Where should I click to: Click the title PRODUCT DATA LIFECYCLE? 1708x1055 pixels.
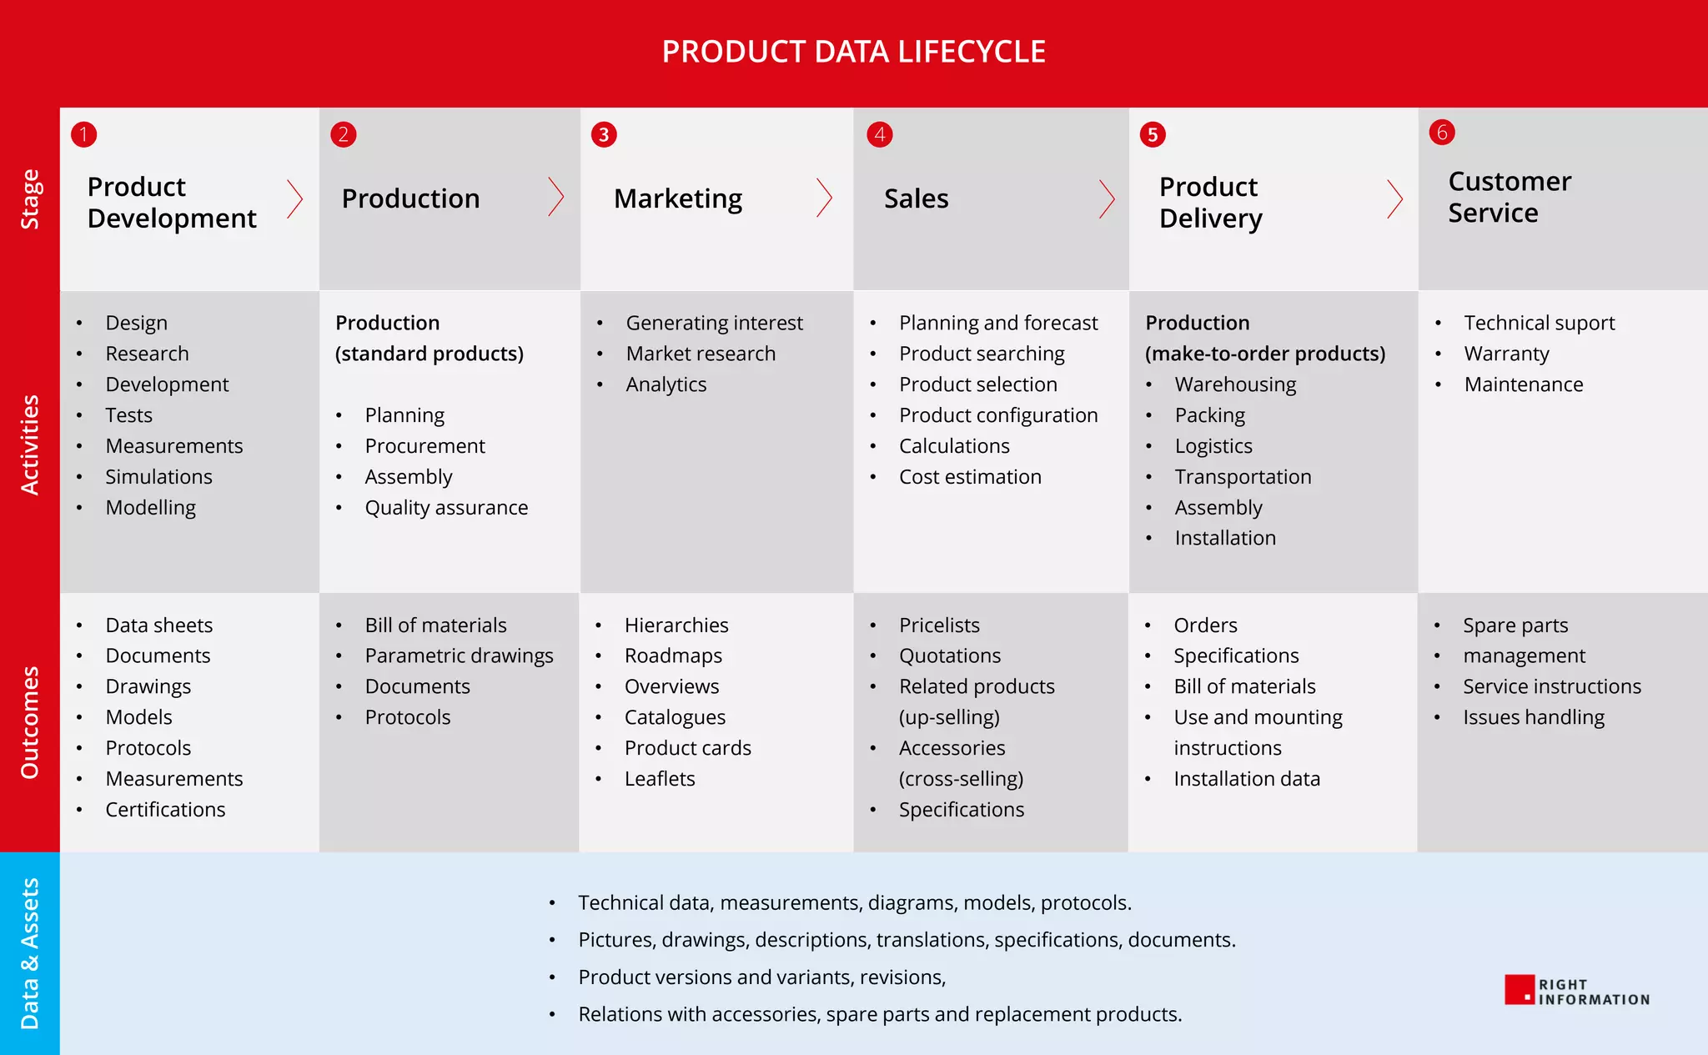click(853, 52)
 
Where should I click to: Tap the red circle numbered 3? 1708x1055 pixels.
click(604, 134)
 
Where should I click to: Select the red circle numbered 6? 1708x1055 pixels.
click(1442, 132)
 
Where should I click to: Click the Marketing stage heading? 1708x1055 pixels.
click(677, 198)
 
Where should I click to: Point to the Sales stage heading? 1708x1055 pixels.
click(916, 198)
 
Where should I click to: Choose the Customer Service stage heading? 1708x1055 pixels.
click(1509, 197)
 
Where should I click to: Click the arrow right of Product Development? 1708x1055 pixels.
click(294, 198)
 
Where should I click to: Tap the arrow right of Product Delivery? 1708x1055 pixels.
click(1394, 198)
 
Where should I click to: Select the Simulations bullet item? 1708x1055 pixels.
click(158, 477)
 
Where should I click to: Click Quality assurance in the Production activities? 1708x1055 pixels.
click(446, 508)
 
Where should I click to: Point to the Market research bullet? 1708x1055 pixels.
click(701, 354)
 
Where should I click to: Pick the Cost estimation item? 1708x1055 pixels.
click(970, 477)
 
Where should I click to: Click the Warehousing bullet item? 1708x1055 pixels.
click(1235, 384)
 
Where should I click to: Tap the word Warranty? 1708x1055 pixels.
click(1506, 354)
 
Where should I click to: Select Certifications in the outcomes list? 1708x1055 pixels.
click(165, 810)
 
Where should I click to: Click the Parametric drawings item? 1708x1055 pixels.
click(459, 656)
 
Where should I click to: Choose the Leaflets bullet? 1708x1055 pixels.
click(660, 779)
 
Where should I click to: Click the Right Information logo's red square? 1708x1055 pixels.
click(1520, 990)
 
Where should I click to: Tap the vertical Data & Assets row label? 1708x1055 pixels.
click(30, 953)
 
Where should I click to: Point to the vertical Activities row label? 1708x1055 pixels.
click(30, 445)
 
